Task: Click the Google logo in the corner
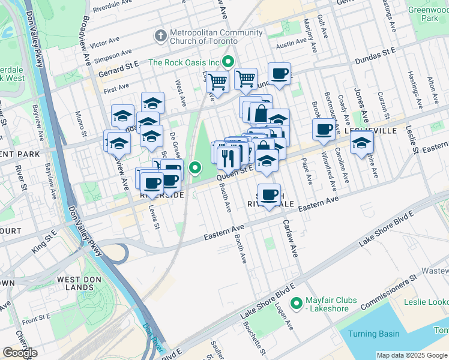(x=20, y=353)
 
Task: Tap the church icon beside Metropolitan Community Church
(x=160, y=36)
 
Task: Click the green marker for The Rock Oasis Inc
(x=228, y=61)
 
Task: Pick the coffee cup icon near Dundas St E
(x=279, y=74)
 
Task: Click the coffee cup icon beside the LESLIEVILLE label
(x=324, y=130)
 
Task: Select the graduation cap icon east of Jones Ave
(x=361, y=143)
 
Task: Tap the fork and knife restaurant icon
(x=228, y=157)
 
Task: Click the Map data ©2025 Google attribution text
(x=411, y=355)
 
